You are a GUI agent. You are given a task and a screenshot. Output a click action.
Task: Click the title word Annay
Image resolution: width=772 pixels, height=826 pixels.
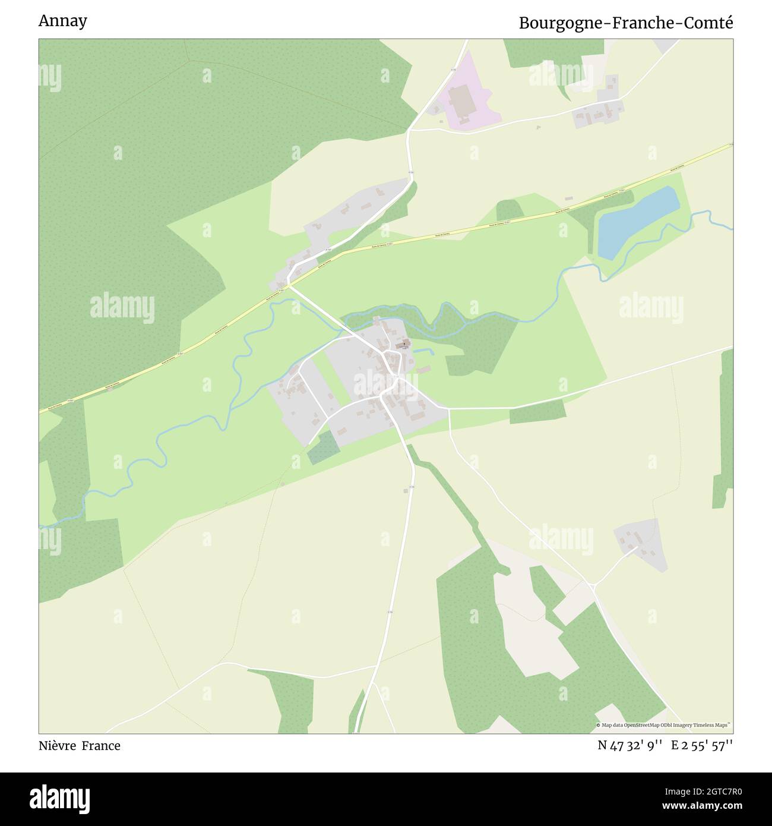click(x=62, y=21)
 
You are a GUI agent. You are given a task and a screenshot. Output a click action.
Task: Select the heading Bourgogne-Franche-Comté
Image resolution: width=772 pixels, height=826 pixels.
click(x=626, y=23)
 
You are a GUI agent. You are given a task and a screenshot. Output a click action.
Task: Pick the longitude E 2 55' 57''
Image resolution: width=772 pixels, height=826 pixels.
click(x=702, y=746)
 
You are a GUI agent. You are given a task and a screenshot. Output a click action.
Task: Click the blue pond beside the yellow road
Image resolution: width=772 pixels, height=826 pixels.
click(x=637, y=222)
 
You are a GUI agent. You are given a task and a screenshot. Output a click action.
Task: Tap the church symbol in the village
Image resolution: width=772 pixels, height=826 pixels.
click(x=404, y=343)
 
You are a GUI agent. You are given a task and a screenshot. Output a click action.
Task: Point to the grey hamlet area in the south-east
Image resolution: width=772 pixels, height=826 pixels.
click(x=640, y=543)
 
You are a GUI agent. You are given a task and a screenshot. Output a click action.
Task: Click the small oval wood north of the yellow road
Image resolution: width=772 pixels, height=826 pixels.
click(x=509, y=210)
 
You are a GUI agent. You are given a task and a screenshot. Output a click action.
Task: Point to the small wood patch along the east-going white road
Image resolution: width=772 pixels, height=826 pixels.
click(x=537, y=412)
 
